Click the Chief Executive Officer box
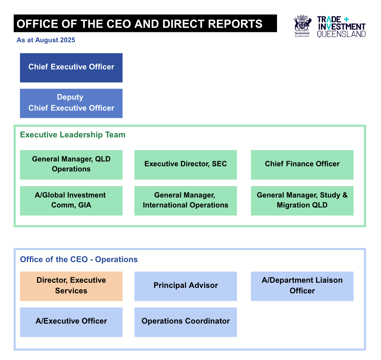click(x=71, y=68)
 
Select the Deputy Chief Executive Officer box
click(x=71, y=103)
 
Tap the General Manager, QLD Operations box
click(x=71, y=165)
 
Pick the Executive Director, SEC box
click(x=185, y=165)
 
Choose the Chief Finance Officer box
click(x=302, y=165)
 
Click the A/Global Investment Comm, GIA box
click(x=71, y=201)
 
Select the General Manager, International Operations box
click(x=185, y=201)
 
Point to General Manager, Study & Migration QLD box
click(x=302, y=201)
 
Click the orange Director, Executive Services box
click(x=71, y=286)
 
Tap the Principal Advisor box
click(x=185, y=286)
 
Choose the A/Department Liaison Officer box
click(x=302, y=286)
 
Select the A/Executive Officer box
click(x=71, y=322)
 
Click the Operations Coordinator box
click(x=185, y=322)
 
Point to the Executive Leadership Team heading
click(x=73, y=135)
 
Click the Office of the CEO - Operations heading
click(x=79, y=259)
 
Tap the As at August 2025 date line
click(x=46, y=40)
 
